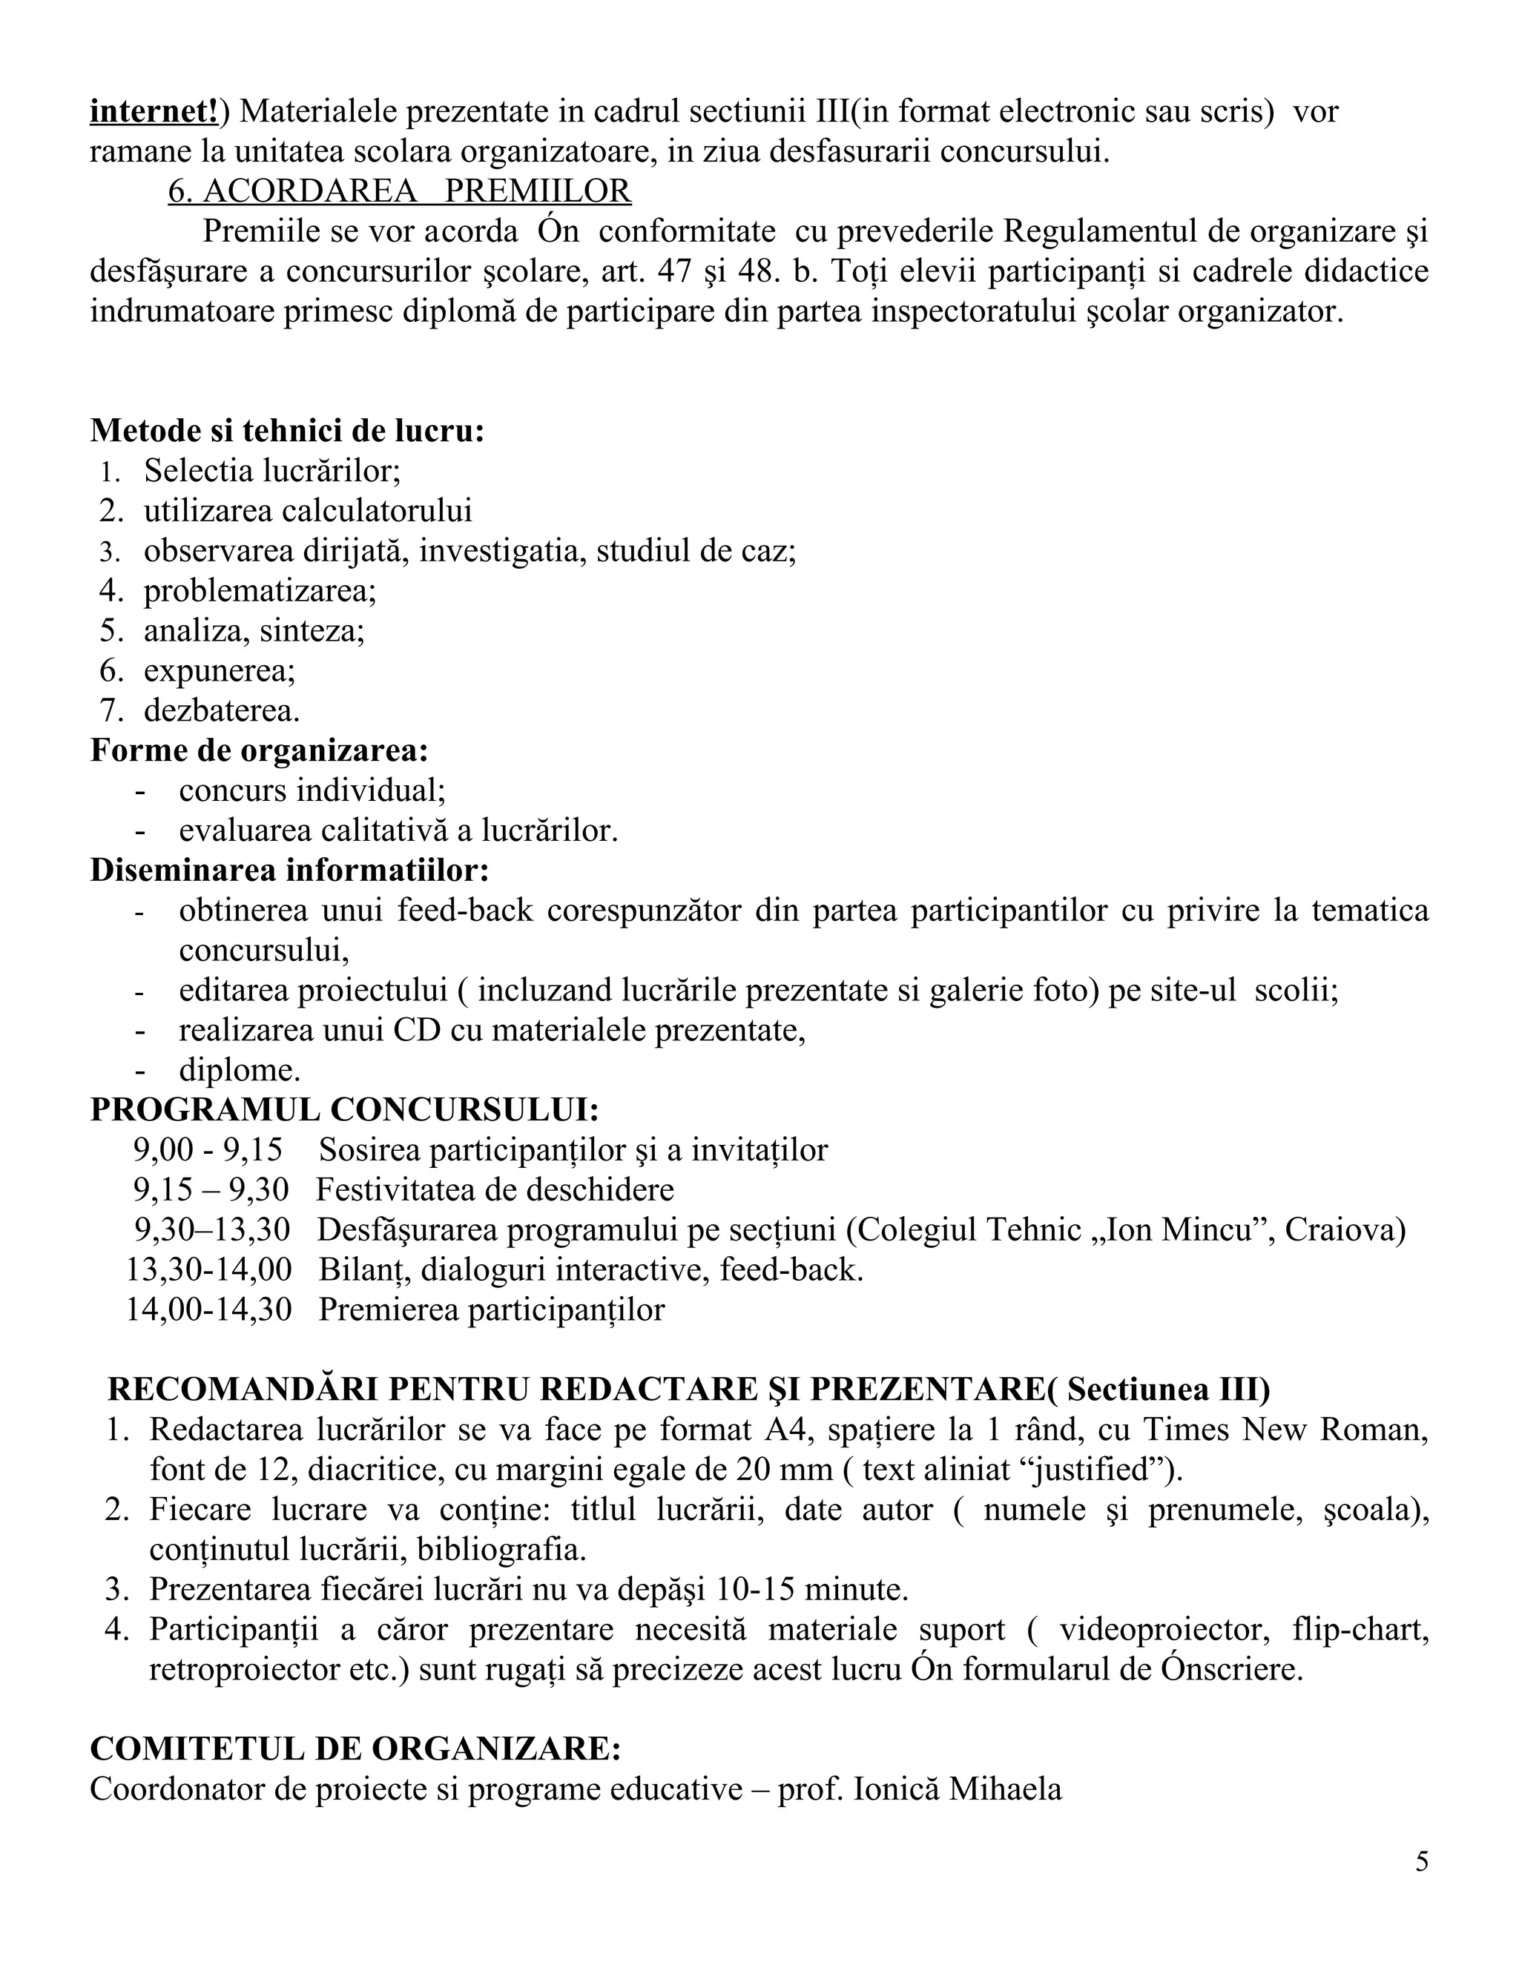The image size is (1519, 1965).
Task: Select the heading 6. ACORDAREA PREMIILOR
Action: pos(400,191)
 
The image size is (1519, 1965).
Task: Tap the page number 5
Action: pos(1421,1861)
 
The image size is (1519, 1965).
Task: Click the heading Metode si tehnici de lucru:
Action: pos(287,431)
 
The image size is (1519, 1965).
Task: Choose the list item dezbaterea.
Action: pos(221,711)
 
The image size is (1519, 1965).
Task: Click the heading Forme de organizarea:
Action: pos(259,750)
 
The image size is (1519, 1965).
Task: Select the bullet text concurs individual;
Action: pos(312,791)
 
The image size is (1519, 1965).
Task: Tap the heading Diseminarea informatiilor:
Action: pos(290,870)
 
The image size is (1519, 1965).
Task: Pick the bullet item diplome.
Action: pos(240,1070)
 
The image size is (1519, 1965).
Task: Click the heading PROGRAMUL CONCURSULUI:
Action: pos(345,1109)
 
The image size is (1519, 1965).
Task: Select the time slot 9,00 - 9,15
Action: pos(208,1150)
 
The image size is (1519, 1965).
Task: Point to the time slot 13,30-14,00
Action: pos(208,1269)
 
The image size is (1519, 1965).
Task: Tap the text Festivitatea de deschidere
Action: pos(495,1189)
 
